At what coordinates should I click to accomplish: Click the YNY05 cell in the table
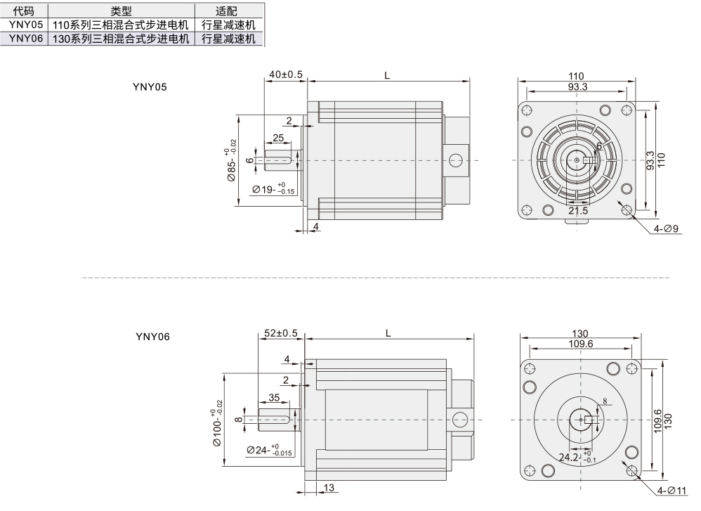pyautogui.click(x=25, y=25)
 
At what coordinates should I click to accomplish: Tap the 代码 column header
pyautogui.click(x=25, y=11)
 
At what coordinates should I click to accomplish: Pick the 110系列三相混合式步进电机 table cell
pyautogui.click(x=122, y=25)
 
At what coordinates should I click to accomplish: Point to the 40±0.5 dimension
pyautogui.click(x=285, y=74)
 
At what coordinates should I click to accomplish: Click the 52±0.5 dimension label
pyautogui.click(x=280, y=333)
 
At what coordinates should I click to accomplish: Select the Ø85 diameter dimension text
pyautogui.click(x=231, y=166)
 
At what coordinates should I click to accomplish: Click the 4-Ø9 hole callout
pyautogui.click(x=666, y=228)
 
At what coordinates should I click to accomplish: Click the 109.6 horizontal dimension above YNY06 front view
pyautogui.click(x=579, y=344)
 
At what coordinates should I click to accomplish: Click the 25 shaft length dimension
pyautogui.click(x=278, y=138)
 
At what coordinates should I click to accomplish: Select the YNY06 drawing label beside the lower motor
pyautogui.click(x=152, y=337)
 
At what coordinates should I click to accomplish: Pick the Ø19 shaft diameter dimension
pyautogui.click(x=273, y=189)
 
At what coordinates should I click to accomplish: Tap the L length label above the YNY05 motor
pyautogui.click(x=387, y=74)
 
